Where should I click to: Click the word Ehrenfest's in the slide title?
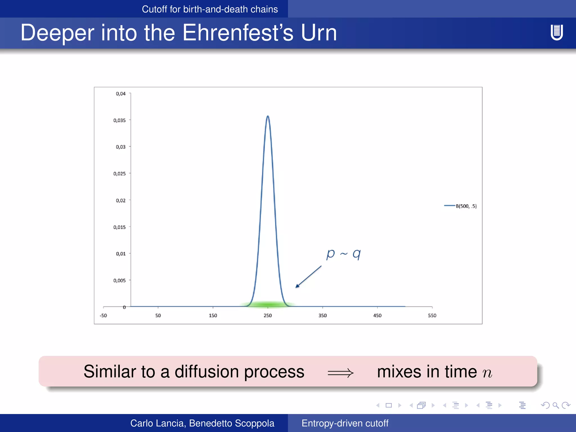coord(238,33)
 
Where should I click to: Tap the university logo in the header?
coord(556,32)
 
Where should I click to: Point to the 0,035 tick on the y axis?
coord(120,120)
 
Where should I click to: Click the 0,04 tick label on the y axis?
coord(121,94)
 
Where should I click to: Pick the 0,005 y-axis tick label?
coord(120,280)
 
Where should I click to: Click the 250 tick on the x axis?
coord(267,315)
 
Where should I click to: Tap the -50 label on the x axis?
coord(103,315)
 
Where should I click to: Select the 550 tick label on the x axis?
coord(432,315)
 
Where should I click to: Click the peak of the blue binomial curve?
coord(268,116)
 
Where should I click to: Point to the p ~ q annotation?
coord(343,254)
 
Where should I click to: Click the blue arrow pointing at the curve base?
coord(308,277)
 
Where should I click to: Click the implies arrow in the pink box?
coord(341,373)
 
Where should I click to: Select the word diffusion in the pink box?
coord(206,372)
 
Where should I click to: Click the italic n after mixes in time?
coord(487,373)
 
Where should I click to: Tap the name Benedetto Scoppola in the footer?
coord(231,423)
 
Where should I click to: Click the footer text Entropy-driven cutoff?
coord(345,423)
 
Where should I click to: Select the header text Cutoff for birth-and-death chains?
coord(210,9)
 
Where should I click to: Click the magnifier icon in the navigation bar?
coord(555,405)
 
